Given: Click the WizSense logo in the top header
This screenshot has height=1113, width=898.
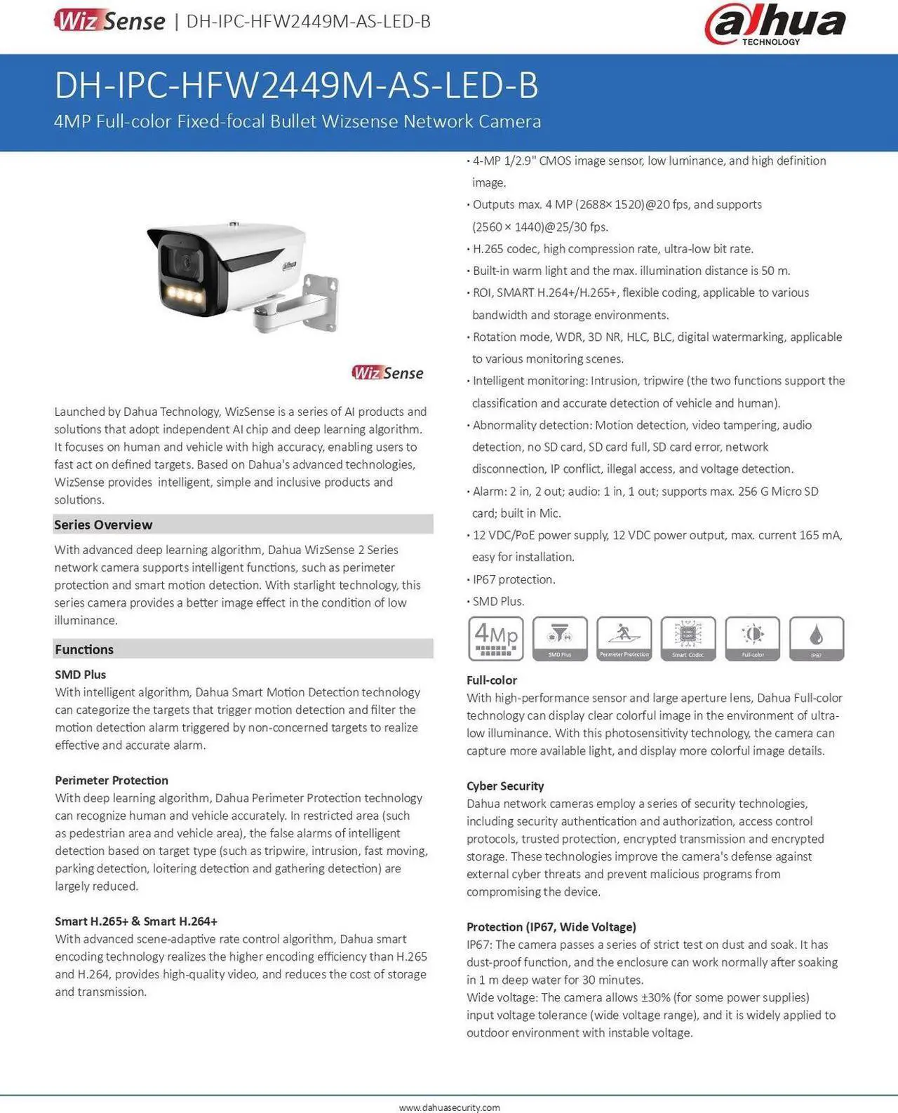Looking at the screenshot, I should [x=109, y=20].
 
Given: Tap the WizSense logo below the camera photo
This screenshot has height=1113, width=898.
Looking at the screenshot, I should [x=387, y=372].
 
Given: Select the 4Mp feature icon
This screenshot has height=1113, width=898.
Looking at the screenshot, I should [x=495, y=638].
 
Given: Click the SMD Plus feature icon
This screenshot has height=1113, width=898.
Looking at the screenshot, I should [x=560, y=638].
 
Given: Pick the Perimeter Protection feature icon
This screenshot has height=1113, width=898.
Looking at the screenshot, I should [x=624, y=638].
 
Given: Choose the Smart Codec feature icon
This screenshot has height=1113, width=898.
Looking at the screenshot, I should [x=688, y=638].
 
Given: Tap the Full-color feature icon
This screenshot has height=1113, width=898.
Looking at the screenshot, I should [x=753, y=638].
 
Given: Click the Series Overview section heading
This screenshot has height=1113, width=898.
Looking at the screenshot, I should [x=103, y=525].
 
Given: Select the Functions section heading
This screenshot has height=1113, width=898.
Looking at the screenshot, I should [x=84, y=649].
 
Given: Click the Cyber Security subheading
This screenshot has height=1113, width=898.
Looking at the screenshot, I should [x=505, y=786].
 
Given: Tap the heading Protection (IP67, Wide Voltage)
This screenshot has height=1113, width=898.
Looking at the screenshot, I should [x=551, y=927].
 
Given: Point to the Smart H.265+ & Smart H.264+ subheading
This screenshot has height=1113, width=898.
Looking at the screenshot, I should [x=136, y=922].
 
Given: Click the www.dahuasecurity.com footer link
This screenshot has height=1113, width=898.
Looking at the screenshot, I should [x=449, y=1107].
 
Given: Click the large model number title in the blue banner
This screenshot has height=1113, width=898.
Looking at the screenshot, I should [x=296, y=86].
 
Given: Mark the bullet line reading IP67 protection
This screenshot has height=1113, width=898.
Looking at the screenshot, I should [x=514, y=579].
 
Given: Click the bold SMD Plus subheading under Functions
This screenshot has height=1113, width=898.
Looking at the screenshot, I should [x=81, y=675].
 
